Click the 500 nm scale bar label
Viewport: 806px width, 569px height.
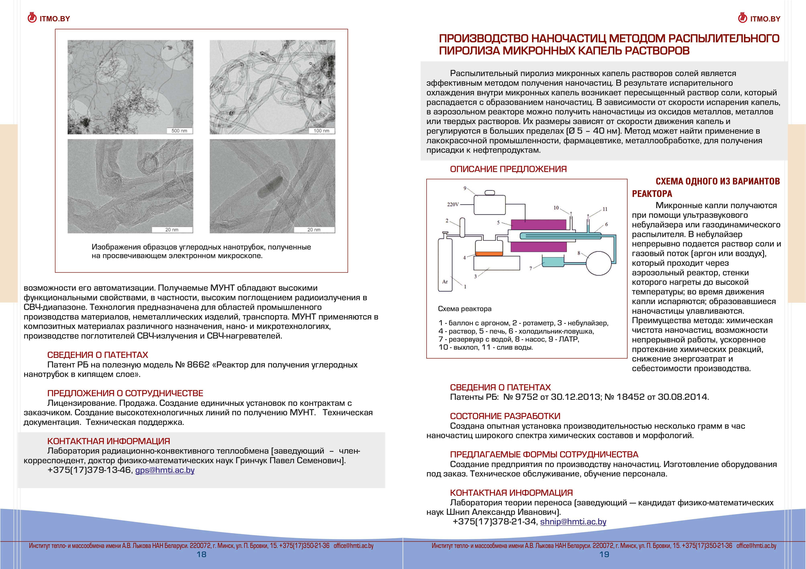coord(179,131)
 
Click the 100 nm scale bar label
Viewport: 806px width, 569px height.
coord(321,131)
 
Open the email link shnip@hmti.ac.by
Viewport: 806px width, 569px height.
coord(573,522)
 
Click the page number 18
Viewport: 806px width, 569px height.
coord(201,554)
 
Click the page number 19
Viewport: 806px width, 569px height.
coord(604,554)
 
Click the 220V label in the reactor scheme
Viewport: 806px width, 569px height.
coord(453,204)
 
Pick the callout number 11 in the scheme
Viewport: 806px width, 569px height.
coord(605,209)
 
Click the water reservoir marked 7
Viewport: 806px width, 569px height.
coord(553,262)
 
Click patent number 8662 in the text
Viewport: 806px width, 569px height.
coord(198,365)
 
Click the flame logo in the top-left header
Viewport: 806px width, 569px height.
coord(32,18)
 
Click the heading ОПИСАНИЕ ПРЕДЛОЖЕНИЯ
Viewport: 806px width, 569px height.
coord(508,169)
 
